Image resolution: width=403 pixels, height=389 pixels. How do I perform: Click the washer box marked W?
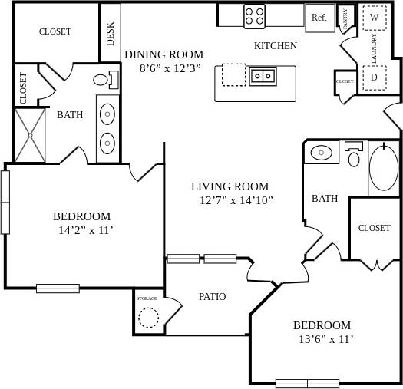click(375, 16)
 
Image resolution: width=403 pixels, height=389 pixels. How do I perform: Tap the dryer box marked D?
click(375, 77)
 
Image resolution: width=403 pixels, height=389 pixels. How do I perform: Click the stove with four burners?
click(254, 15)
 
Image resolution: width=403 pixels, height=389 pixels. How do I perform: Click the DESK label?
click(111, 34)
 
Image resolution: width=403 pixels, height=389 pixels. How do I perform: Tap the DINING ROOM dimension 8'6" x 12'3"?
click(170, 68)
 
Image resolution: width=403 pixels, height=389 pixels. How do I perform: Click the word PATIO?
click(212, 296)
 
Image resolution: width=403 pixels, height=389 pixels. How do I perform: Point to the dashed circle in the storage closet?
click(147, 317)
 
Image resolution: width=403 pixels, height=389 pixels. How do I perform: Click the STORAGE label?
click(147, 298)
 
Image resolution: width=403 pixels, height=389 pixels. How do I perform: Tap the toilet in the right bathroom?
click(354, 157)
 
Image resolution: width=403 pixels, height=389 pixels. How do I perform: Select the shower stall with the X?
click(31, 135)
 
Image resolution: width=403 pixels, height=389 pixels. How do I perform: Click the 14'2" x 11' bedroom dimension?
click(86, 230)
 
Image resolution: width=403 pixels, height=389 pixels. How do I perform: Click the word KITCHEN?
click(276, 46)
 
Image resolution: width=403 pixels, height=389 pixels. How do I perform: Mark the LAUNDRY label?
click(374, 48)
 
